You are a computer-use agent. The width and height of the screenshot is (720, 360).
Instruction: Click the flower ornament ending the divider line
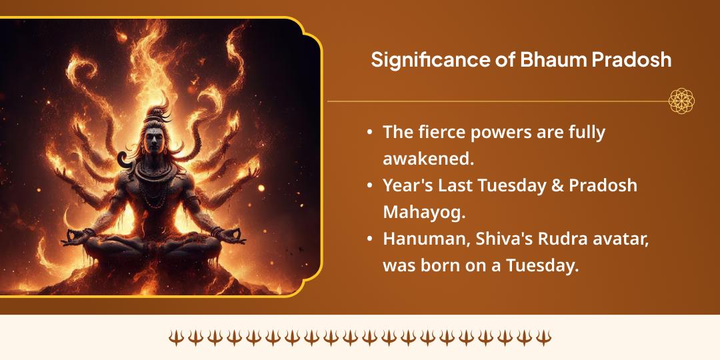(x=681, y=101)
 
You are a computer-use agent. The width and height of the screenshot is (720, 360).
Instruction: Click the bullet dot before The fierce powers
(x=370, y=133)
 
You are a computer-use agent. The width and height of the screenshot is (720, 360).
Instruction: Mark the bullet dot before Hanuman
(x=370, y=239)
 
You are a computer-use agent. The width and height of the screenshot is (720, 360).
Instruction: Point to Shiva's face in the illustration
(x=155, y=144)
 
